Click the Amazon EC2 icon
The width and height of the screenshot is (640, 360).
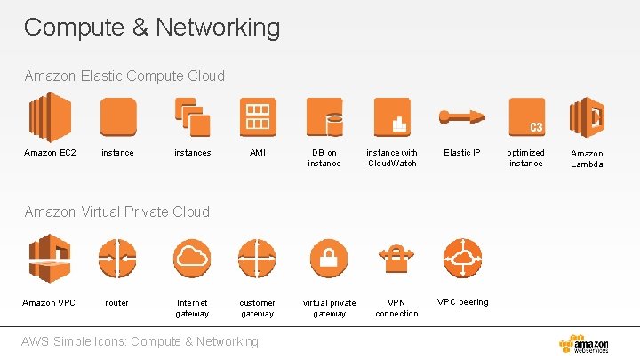(50, 116)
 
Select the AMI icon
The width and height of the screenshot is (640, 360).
(258, 116)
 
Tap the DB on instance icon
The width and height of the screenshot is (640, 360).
(324, 116)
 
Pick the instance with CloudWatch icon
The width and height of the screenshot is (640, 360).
(392, 116)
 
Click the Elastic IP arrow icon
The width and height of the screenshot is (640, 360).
(460, 117)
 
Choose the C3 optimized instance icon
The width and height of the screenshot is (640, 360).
(526, 116)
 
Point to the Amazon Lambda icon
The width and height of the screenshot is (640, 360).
(587, 116)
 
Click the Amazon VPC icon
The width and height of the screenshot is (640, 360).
(50, 258)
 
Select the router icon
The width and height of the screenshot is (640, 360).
(117, 258)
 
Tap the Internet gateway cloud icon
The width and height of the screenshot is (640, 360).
(192, 258)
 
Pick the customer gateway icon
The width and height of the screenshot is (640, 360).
(258, 258)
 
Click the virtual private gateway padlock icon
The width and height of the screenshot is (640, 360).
(328, 258)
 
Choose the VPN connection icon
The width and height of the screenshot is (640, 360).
(396, 258)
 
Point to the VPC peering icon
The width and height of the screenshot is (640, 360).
(461, 258)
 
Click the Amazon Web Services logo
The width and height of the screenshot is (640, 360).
(584, 344)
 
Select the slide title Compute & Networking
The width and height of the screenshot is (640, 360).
(152, 28)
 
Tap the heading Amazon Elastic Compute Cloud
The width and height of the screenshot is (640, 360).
(125, 76)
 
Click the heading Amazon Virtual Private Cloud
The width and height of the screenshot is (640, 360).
(117, 212)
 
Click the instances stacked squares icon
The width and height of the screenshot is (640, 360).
(192, 116)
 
